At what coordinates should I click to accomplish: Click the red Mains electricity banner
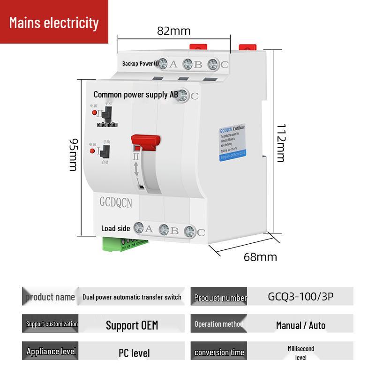coord(54,22)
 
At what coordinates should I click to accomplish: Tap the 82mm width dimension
coord(173,31)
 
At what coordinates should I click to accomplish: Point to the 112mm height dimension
coord(280,143)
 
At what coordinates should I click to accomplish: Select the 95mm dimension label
coord(74,154)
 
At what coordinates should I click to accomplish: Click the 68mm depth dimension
coord(260,257)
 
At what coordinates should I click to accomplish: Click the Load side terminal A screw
coord(139,228)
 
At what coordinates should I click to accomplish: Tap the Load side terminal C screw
coord(189,231)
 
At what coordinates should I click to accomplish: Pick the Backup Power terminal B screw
coord(187,64)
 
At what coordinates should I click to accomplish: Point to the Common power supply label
coord(135,95)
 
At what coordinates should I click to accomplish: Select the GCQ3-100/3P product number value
coord(300,297)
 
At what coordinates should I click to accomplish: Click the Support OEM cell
coord(132,325)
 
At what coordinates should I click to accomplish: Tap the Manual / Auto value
coord(300,325)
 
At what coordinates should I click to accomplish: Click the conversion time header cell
coord(218,352)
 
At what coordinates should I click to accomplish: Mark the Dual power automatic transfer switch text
coord(132,297)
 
